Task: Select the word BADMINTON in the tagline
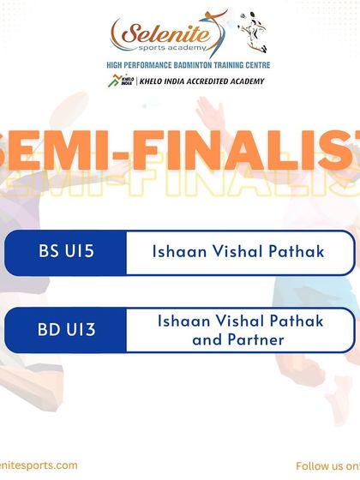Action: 182,64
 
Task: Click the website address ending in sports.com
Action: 38,465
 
